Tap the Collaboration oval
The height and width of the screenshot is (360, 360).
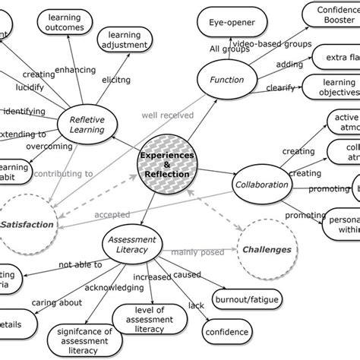262,185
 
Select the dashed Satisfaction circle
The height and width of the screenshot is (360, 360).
27,224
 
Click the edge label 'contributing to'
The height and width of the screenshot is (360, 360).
68,173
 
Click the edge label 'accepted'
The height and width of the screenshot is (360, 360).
112,215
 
